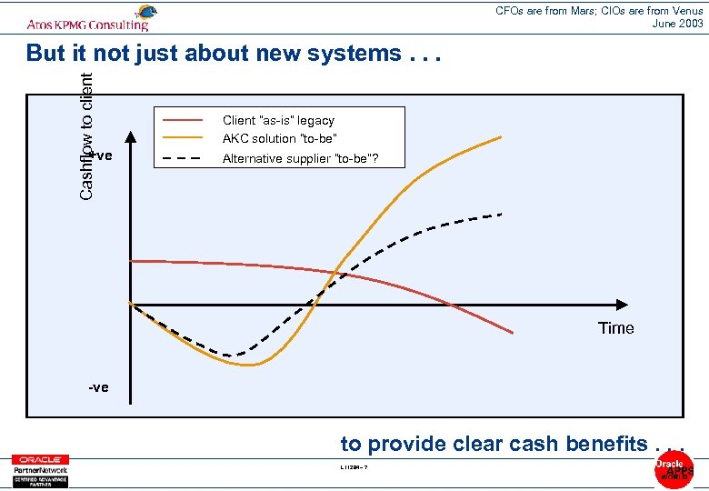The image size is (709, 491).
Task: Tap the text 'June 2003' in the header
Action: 677,24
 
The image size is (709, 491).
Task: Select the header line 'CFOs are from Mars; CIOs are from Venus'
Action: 599,11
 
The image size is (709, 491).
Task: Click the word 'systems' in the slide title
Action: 352,54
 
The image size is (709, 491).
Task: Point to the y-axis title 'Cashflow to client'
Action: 86,136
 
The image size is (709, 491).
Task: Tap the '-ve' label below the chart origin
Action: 98,387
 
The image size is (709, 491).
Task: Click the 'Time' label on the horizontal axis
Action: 615,328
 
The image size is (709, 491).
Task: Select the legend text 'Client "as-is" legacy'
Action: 278,120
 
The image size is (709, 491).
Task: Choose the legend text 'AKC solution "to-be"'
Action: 280,138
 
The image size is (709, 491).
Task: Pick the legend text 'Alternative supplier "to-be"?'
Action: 301,158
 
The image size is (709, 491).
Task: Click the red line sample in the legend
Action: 182,120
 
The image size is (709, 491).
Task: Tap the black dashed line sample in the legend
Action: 182,158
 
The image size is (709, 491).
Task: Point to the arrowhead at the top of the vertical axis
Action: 131,138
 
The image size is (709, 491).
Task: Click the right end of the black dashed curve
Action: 501,215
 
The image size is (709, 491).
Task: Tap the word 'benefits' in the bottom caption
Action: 604,444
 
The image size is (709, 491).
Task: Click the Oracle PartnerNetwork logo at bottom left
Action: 40,470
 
